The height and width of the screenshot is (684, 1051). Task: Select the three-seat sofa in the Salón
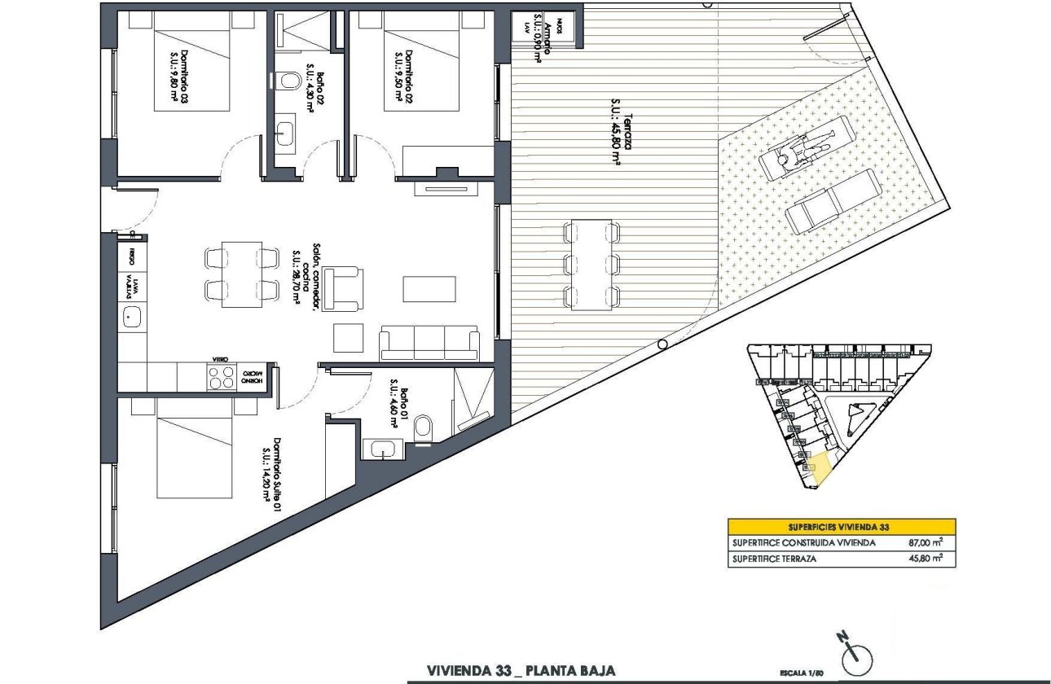click(x=429, y=343)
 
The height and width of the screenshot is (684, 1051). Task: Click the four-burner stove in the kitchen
click(x=221, y=377)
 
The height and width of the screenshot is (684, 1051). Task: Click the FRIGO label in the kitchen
click(x=131, y=258)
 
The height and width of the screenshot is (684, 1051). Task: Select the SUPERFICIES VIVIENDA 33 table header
click(x=841, y=526)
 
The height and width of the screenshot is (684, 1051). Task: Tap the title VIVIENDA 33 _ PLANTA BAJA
click(x=521, y=671)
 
